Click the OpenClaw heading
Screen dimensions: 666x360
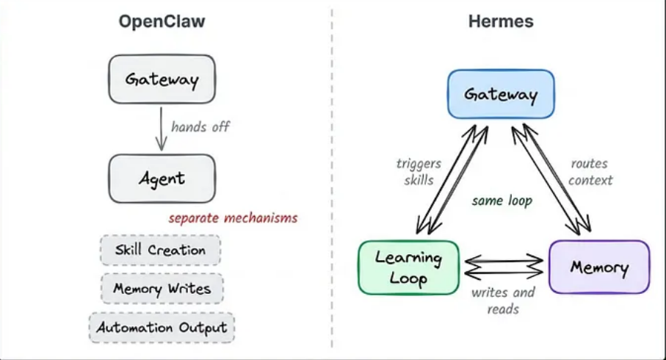click(x=162, y=21)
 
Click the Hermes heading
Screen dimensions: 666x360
click(x=501, y=21)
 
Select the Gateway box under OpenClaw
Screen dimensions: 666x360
click(x=162, y=79)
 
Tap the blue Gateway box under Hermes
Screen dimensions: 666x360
click(x=502, y=94)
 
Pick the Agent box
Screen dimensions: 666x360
click(x=162, y=179)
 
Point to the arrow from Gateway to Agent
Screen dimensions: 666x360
click(x=161, y=129)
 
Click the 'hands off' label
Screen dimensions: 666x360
click(x=200, y=126)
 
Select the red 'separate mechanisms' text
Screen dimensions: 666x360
click(x=234, y=218)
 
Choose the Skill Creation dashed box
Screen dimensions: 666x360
click(x=161, y=250)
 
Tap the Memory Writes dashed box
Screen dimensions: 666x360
click(x=162, y=289)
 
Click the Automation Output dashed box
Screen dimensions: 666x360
click(x=162, y=328)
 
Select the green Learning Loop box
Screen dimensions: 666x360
click(x=408, y=267)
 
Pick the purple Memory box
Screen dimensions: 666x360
click(x=599, y=267)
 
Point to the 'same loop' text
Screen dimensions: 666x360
click(x=502, y=200)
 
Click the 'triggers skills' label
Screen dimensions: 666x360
click(x=419, y=172)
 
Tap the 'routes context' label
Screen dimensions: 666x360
click(x=590, y=172)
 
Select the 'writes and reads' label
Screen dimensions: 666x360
click(x=503, y=300)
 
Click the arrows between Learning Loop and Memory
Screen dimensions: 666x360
click(x=504, y=267)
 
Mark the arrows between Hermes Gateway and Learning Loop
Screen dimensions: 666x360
click(x=452, y=180)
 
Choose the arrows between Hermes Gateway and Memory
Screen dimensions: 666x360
click(x=551, y=179)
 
